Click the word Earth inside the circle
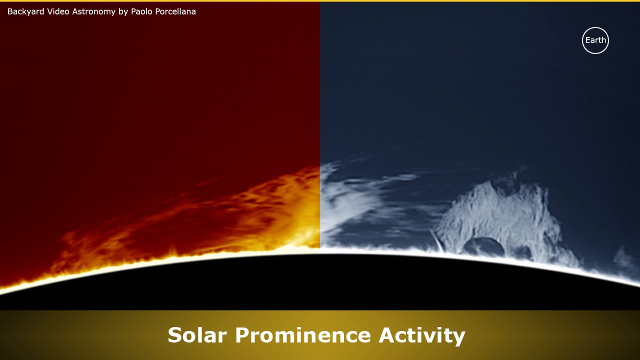point(595,40)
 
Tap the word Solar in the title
point(197,335)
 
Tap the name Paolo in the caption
point(142,11)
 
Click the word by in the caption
point(123,11)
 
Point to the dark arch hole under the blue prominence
point(483,247)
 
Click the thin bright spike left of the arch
point(437,241)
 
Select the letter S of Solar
point(175,335)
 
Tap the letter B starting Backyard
point(10,11)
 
